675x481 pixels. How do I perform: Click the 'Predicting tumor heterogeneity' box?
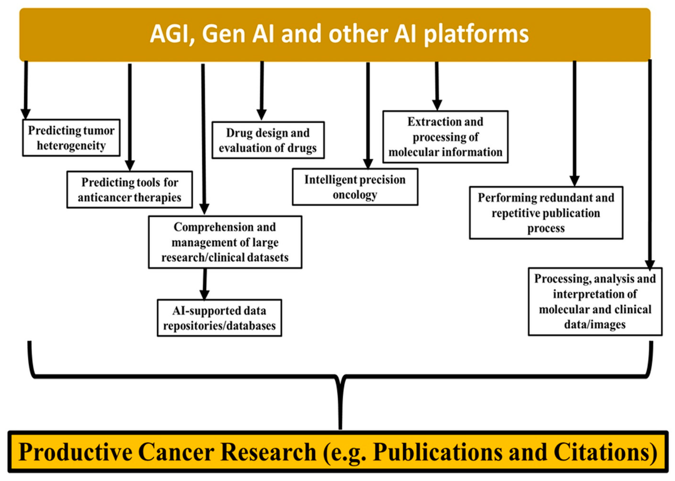point(71,138)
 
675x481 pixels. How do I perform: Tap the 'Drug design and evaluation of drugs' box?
point(268,140)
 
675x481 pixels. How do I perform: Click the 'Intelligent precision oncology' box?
point(355,187)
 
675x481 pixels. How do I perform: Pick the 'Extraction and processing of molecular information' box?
point(445,137)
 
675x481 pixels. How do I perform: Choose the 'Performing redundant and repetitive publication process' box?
point(546,213)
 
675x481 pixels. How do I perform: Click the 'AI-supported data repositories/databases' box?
point(219,318)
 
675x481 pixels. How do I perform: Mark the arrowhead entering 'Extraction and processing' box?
point(437,105)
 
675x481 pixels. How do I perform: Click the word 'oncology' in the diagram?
point(355,195)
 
